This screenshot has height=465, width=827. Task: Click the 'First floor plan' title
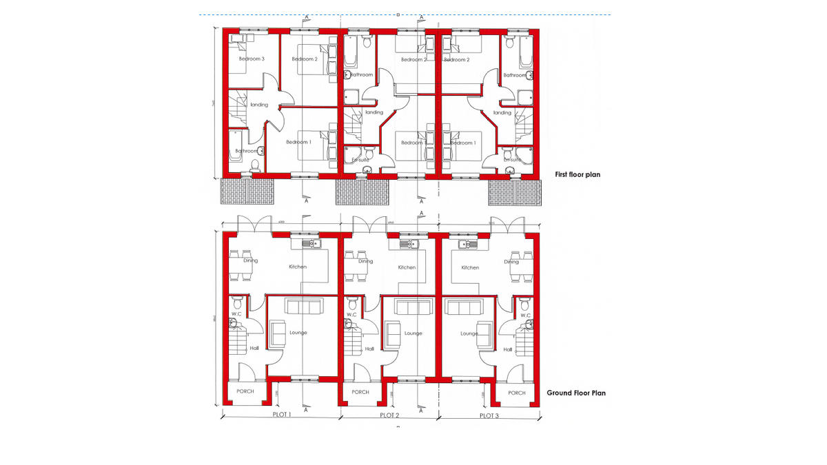[x=578, y=175]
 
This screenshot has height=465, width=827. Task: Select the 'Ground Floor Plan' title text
[x=576, y=393]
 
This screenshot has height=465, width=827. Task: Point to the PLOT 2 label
[x=389, y=415]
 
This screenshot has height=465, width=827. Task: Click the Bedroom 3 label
[x=252, y=59]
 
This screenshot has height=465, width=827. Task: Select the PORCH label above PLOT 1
[x=245, y=391]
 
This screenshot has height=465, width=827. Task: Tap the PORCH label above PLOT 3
[x=517, y=393]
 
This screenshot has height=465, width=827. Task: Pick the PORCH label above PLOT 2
[x=360, y=392]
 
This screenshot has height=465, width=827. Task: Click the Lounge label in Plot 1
[x=298, y=333]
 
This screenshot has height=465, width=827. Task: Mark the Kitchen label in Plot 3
[x=470, y=267]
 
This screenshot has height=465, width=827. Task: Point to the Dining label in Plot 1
[x=250, y=261]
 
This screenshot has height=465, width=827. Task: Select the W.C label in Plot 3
[x=526, y=316]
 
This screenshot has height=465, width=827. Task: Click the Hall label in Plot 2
[x=369, y=349]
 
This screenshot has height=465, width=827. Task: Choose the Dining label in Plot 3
[x=511, y=262]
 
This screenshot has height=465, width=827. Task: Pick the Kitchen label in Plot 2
[x=407, y=267]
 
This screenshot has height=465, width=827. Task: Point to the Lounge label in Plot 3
[x=469, y=333]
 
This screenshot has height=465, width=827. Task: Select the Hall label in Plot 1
[x=254, y=349]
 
